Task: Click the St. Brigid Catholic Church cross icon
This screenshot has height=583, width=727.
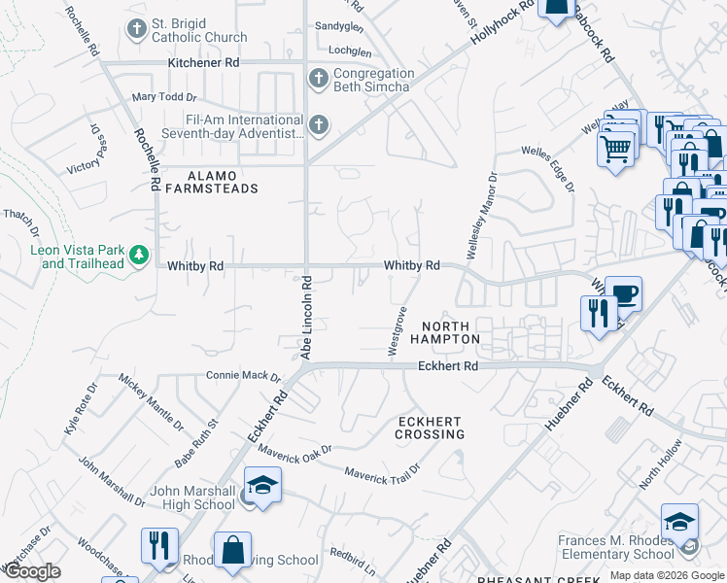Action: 135,29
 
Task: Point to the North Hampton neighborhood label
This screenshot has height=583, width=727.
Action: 444,332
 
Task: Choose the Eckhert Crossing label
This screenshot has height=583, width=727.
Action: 429,428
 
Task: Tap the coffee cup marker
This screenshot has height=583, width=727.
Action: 622,293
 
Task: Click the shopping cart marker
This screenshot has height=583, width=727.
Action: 614,150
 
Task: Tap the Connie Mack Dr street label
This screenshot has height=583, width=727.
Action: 243,376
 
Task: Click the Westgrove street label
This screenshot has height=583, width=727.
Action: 398,331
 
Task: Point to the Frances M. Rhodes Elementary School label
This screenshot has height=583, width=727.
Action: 615,548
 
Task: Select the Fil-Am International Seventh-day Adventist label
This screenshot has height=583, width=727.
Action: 233,126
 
